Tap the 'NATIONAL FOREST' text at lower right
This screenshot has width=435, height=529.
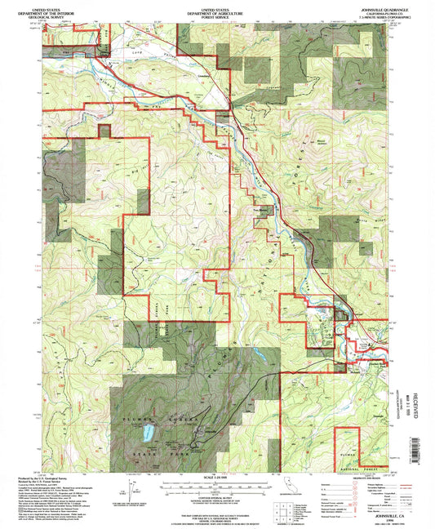375,468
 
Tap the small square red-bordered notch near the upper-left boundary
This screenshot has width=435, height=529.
104,129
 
